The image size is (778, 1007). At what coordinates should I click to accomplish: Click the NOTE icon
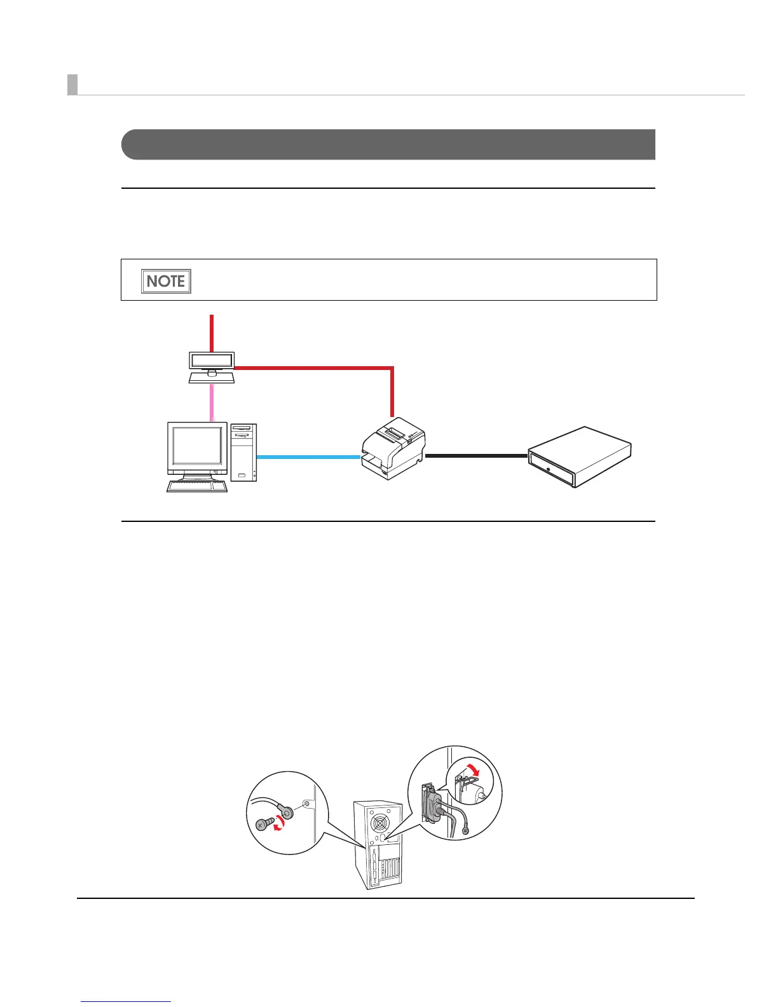166,281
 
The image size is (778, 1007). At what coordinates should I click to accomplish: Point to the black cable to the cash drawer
477,456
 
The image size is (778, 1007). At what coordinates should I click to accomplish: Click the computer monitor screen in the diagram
197,446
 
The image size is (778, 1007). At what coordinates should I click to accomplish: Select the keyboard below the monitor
197,486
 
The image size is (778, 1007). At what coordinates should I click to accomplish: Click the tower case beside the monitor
243,451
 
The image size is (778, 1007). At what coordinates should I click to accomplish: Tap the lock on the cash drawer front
549,469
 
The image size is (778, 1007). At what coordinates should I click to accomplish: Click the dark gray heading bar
388,144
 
